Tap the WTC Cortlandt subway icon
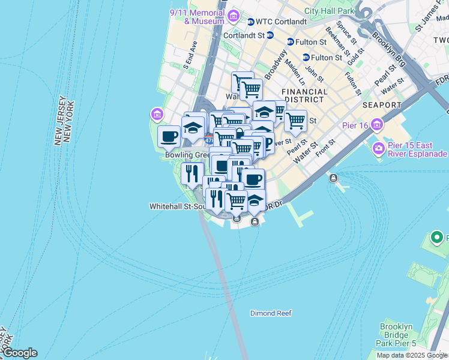point(250,22)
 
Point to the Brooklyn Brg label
point(390,47)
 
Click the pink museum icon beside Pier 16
point(377,125)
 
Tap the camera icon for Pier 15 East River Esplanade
point(379,148)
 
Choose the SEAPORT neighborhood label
point(382,105)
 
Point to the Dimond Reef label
point(271,313)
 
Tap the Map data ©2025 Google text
point(412,355)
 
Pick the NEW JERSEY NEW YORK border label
point(63,120)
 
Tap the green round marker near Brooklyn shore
point(438,238)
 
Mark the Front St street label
point(325,147)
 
